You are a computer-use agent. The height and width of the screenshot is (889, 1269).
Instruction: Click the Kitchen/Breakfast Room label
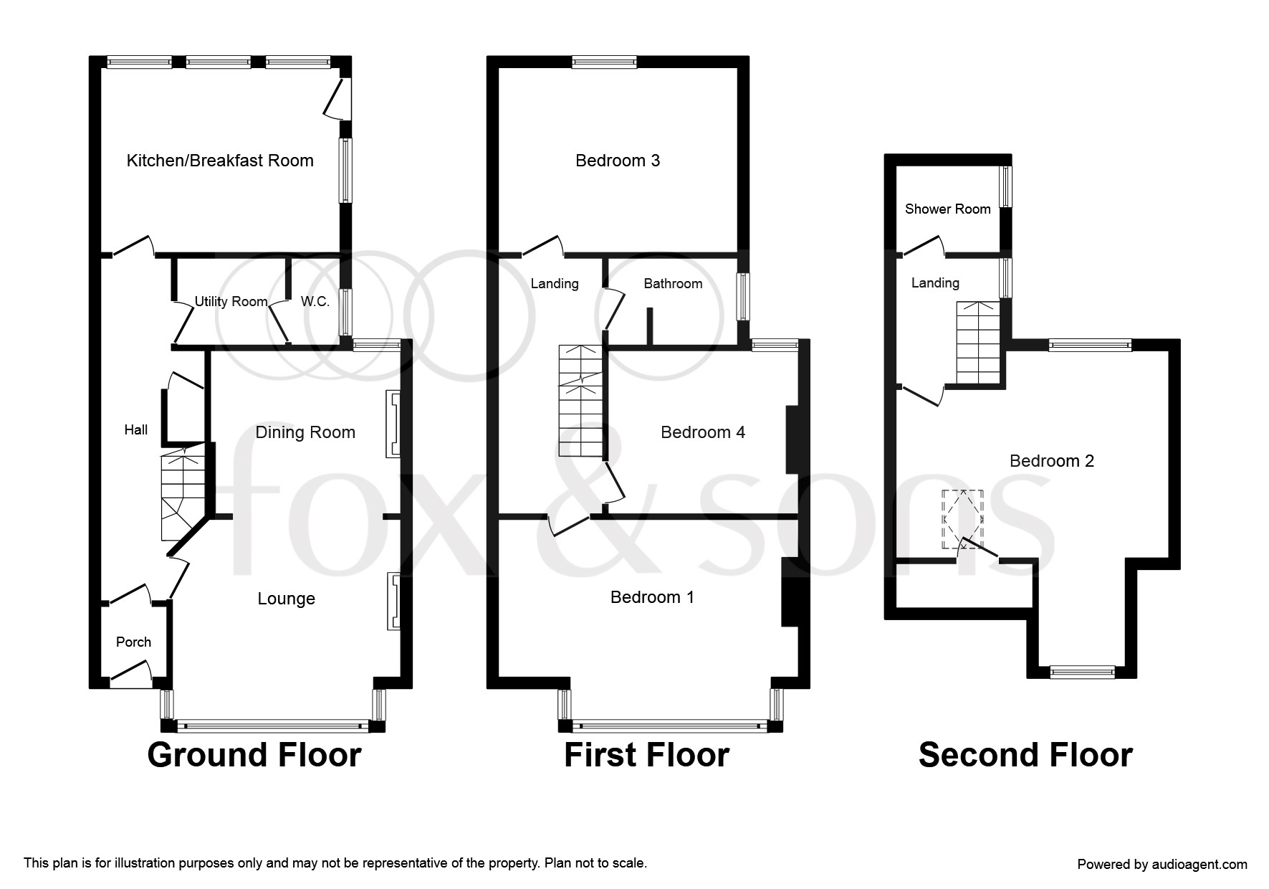220,161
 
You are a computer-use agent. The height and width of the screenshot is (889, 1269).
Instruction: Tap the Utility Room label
231,302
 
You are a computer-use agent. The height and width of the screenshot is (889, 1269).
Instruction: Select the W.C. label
315,302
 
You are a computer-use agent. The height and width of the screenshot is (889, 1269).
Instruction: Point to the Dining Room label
305,432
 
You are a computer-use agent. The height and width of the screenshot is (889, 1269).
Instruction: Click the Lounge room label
286,599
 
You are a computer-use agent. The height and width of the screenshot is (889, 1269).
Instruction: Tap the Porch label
134,642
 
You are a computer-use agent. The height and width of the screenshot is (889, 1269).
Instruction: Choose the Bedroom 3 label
618,161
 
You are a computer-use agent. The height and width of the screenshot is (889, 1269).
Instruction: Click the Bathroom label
673,284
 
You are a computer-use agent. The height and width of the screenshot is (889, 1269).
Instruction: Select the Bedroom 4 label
703,432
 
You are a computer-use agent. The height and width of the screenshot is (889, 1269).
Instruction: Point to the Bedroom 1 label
652,597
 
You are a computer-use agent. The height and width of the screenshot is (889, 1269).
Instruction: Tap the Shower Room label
948,209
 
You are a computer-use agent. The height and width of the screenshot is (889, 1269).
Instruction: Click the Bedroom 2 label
1052,461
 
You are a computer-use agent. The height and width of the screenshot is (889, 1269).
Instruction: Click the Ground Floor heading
254,755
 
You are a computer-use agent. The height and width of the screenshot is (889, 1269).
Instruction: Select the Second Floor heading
1025,755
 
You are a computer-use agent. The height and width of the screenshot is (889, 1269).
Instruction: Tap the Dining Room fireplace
393,424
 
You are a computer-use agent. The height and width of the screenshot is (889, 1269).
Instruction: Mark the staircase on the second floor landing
978,343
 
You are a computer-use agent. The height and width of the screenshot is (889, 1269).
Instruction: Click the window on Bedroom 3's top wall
604,63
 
